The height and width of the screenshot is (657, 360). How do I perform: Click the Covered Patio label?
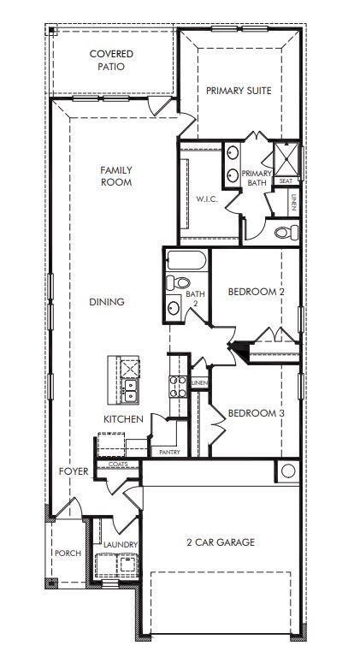click(x=111, y=61)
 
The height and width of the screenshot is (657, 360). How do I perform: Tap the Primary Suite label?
click(x=239, y=91)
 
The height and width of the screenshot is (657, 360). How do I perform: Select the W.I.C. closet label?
click(x=207, y=199)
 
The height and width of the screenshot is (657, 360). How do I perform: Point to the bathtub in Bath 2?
click(x=186, y=260)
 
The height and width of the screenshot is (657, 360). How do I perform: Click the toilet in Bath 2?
click(x=178, y=283)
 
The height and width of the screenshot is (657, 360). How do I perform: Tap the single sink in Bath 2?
click(x=174, y=308)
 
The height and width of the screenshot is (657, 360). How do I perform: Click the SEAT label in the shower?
click(x=286, y=181)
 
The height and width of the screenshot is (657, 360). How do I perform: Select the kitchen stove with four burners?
click(x=178, y=387)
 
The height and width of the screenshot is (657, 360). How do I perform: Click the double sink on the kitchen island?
click(x=130, y=390)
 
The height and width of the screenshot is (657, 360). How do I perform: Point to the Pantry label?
click(x=170, y=453)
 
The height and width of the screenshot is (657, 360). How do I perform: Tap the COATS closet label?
click(x=118, y=465)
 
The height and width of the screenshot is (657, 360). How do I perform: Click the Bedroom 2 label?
click(x=257, y=292)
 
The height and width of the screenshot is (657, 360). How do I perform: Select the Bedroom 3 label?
click(x=257, y=413)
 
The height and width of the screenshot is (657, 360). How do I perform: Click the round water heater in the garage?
click(x=288, y=471)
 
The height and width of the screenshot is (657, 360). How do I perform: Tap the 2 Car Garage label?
click(x=221, y=542)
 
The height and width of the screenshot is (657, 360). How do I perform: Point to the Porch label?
click(x=68, y=553)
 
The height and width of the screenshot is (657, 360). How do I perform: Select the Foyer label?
click(x=74, y=471)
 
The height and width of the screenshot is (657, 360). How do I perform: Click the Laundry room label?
click(x=121, y=545)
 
